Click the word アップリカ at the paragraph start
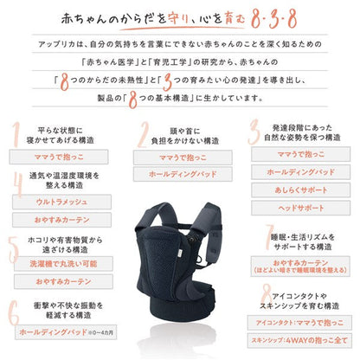[60, 42]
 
